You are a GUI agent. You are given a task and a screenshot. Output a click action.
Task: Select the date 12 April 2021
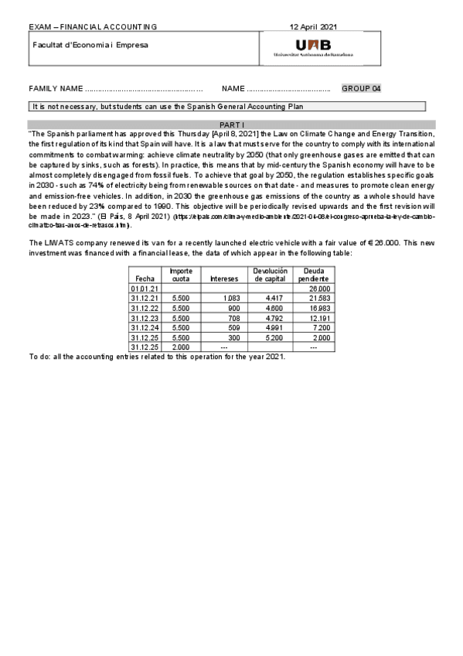point(314,26)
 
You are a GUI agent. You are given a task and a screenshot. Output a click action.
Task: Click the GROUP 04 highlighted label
point(361,89)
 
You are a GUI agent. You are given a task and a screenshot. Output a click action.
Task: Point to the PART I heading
point(232,124)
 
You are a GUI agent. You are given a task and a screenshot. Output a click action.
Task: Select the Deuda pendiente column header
point(315,275)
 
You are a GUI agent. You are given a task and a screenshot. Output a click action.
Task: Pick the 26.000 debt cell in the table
point(319,288)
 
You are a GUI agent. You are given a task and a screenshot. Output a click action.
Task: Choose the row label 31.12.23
point(145,317)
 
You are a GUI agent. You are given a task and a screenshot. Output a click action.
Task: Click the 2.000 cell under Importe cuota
point(180,347)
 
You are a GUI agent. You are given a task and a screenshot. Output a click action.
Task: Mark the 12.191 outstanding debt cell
point(319,317)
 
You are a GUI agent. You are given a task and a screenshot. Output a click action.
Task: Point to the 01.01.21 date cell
point(145,288)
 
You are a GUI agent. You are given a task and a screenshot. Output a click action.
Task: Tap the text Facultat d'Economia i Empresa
point(90,44)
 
